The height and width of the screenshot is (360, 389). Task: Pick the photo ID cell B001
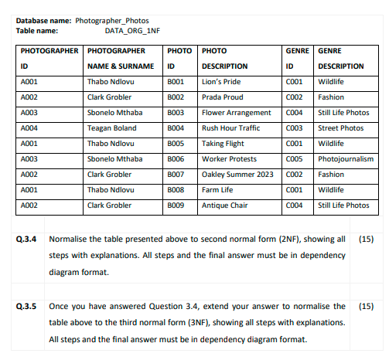[175, 82]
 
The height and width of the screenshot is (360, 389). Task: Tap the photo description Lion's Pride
[221, 82]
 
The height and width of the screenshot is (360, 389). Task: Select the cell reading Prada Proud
[222, 97]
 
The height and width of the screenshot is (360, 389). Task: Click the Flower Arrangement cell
[236, 113]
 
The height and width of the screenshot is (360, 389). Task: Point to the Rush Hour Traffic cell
[230, 128]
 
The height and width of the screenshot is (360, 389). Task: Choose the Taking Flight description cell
[224, 144]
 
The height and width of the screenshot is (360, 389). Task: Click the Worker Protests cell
[230, 159]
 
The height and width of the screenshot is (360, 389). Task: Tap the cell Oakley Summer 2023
[237, 175]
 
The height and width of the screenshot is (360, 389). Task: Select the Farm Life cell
[219, 190]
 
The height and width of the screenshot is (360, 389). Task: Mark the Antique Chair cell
[225, 205]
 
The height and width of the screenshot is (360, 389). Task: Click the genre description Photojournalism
[346, 159]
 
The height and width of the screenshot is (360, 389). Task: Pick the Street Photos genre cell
[340, 128]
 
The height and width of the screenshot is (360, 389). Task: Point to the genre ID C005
[294, 159]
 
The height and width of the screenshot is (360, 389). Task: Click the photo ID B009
[175, 205]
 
